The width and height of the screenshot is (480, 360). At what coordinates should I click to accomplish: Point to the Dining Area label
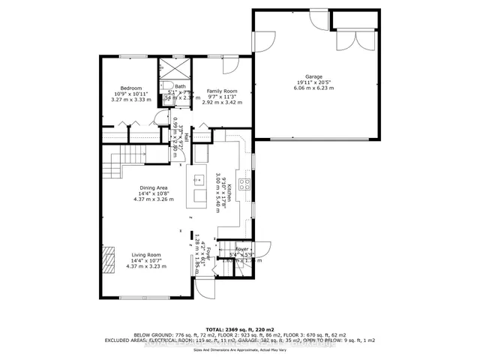coord(154,188)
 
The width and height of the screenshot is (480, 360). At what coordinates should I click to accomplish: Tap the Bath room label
coord(180,86)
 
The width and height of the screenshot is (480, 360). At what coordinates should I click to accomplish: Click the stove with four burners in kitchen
coord(244,184)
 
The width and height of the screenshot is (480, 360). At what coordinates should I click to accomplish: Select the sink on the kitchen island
coord(199,179)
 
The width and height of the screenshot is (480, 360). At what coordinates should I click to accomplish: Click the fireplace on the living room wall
coord(109,260)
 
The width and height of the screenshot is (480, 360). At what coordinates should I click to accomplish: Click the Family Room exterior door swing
coord(232,66)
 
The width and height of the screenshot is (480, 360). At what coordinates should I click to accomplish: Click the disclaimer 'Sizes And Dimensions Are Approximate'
coord(240,349)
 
